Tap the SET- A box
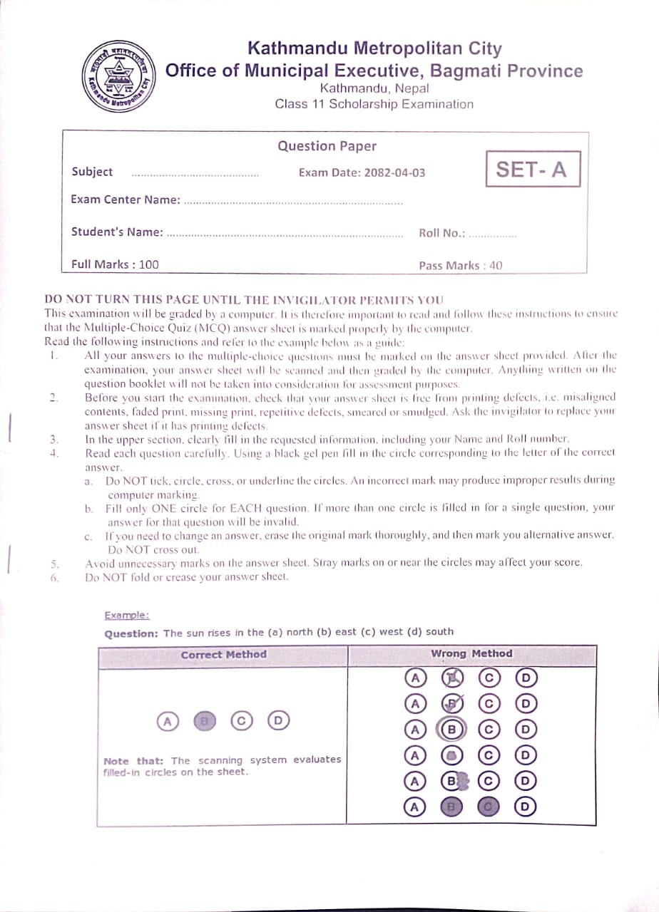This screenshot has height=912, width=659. tap(532, 170)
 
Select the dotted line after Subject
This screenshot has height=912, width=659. tap(195, 175)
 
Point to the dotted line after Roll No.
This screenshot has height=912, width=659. tap(493, 235)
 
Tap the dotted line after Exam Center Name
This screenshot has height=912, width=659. tap(293, 202)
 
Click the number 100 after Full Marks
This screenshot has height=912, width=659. tap(149, 264)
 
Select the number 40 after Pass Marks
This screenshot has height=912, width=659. tap(495, 266)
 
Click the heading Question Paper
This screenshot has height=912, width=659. tap(327, 146)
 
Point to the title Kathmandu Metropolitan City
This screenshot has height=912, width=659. tap(374, 48)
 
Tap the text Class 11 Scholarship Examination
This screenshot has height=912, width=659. tap(374, 104)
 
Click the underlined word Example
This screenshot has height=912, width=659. tap(126, 615)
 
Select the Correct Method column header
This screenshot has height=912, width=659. tap(223, 654)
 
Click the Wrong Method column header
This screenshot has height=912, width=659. tap(471, 653)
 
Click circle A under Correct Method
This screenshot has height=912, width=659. tap(168, 721)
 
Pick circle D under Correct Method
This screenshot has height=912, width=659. tap(279, 721)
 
